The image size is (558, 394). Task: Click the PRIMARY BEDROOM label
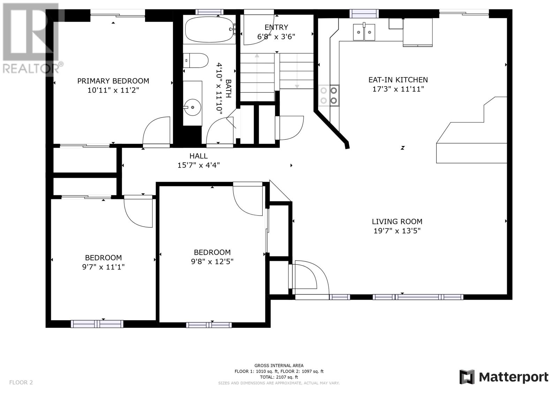113,81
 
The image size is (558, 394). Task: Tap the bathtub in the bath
210,29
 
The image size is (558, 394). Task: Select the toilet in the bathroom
196,61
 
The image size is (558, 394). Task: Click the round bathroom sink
192,107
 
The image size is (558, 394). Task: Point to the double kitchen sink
364,32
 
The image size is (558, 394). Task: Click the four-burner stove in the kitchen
329,95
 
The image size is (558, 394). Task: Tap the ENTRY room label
276,27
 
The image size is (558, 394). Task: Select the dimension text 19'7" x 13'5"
397,231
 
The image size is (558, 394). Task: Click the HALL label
198,156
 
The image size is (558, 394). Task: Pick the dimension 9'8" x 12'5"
212,262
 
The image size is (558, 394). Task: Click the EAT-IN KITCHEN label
398,80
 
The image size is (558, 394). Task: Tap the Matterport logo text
514,377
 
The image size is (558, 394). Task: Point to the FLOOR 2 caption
21,382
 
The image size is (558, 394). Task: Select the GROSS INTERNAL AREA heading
279,366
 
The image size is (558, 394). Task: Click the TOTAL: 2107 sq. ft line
279,377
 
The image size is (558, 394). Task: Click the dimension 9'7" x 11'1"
103,267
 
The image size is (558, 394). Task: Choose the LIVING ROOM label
397,222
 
